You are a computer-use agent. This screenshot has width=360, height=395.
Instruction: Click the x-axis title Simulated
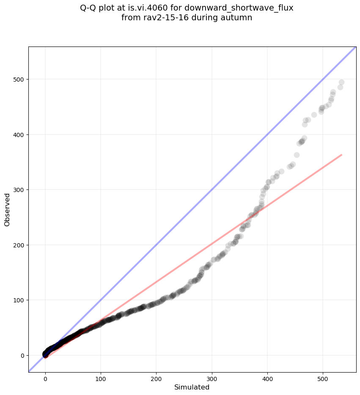click(192, 387)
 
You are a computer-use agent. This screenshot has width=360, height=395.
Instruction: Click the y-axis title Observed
click(7, 209)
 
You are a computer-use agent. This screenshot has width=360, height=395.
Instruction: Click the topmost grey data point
click(341, 82)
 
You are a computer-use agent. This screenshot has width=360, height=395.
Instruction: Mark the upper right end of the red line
click(341, 155)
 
